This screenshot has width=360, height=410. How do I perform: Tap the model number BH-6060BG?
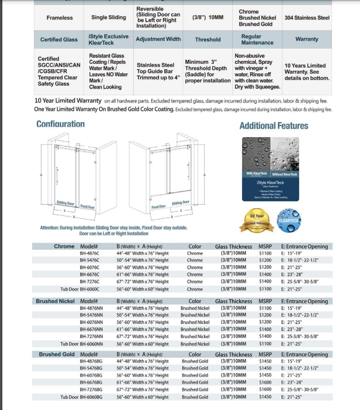91,397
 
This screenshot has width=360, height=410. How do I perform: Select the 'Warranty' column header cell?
307,39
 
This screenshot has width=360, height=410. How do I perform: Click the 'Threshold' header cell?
208,39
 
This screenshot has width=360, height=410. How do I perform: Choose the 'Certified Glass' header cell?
59,39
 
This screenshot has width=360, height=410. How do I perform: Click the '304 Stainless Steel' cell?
307,18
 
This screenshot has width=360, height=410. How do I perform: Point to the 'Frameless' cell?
59,18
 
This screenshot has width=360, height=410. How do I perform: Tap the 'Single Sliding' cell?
108,18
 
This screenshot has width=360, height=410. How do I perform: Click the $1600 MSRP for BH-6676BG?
265,382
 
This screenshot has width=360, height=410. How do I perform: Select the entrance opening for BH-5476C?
300,260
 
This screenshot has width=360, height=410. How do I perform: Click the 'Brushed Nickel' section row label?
55,301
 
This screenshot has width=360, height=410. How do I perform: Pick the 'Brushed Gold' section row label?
57,354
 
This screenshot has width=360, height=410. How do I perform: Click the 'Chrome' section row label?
64,246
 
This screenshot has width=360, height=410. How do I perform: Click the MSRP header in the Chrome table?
265,246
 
